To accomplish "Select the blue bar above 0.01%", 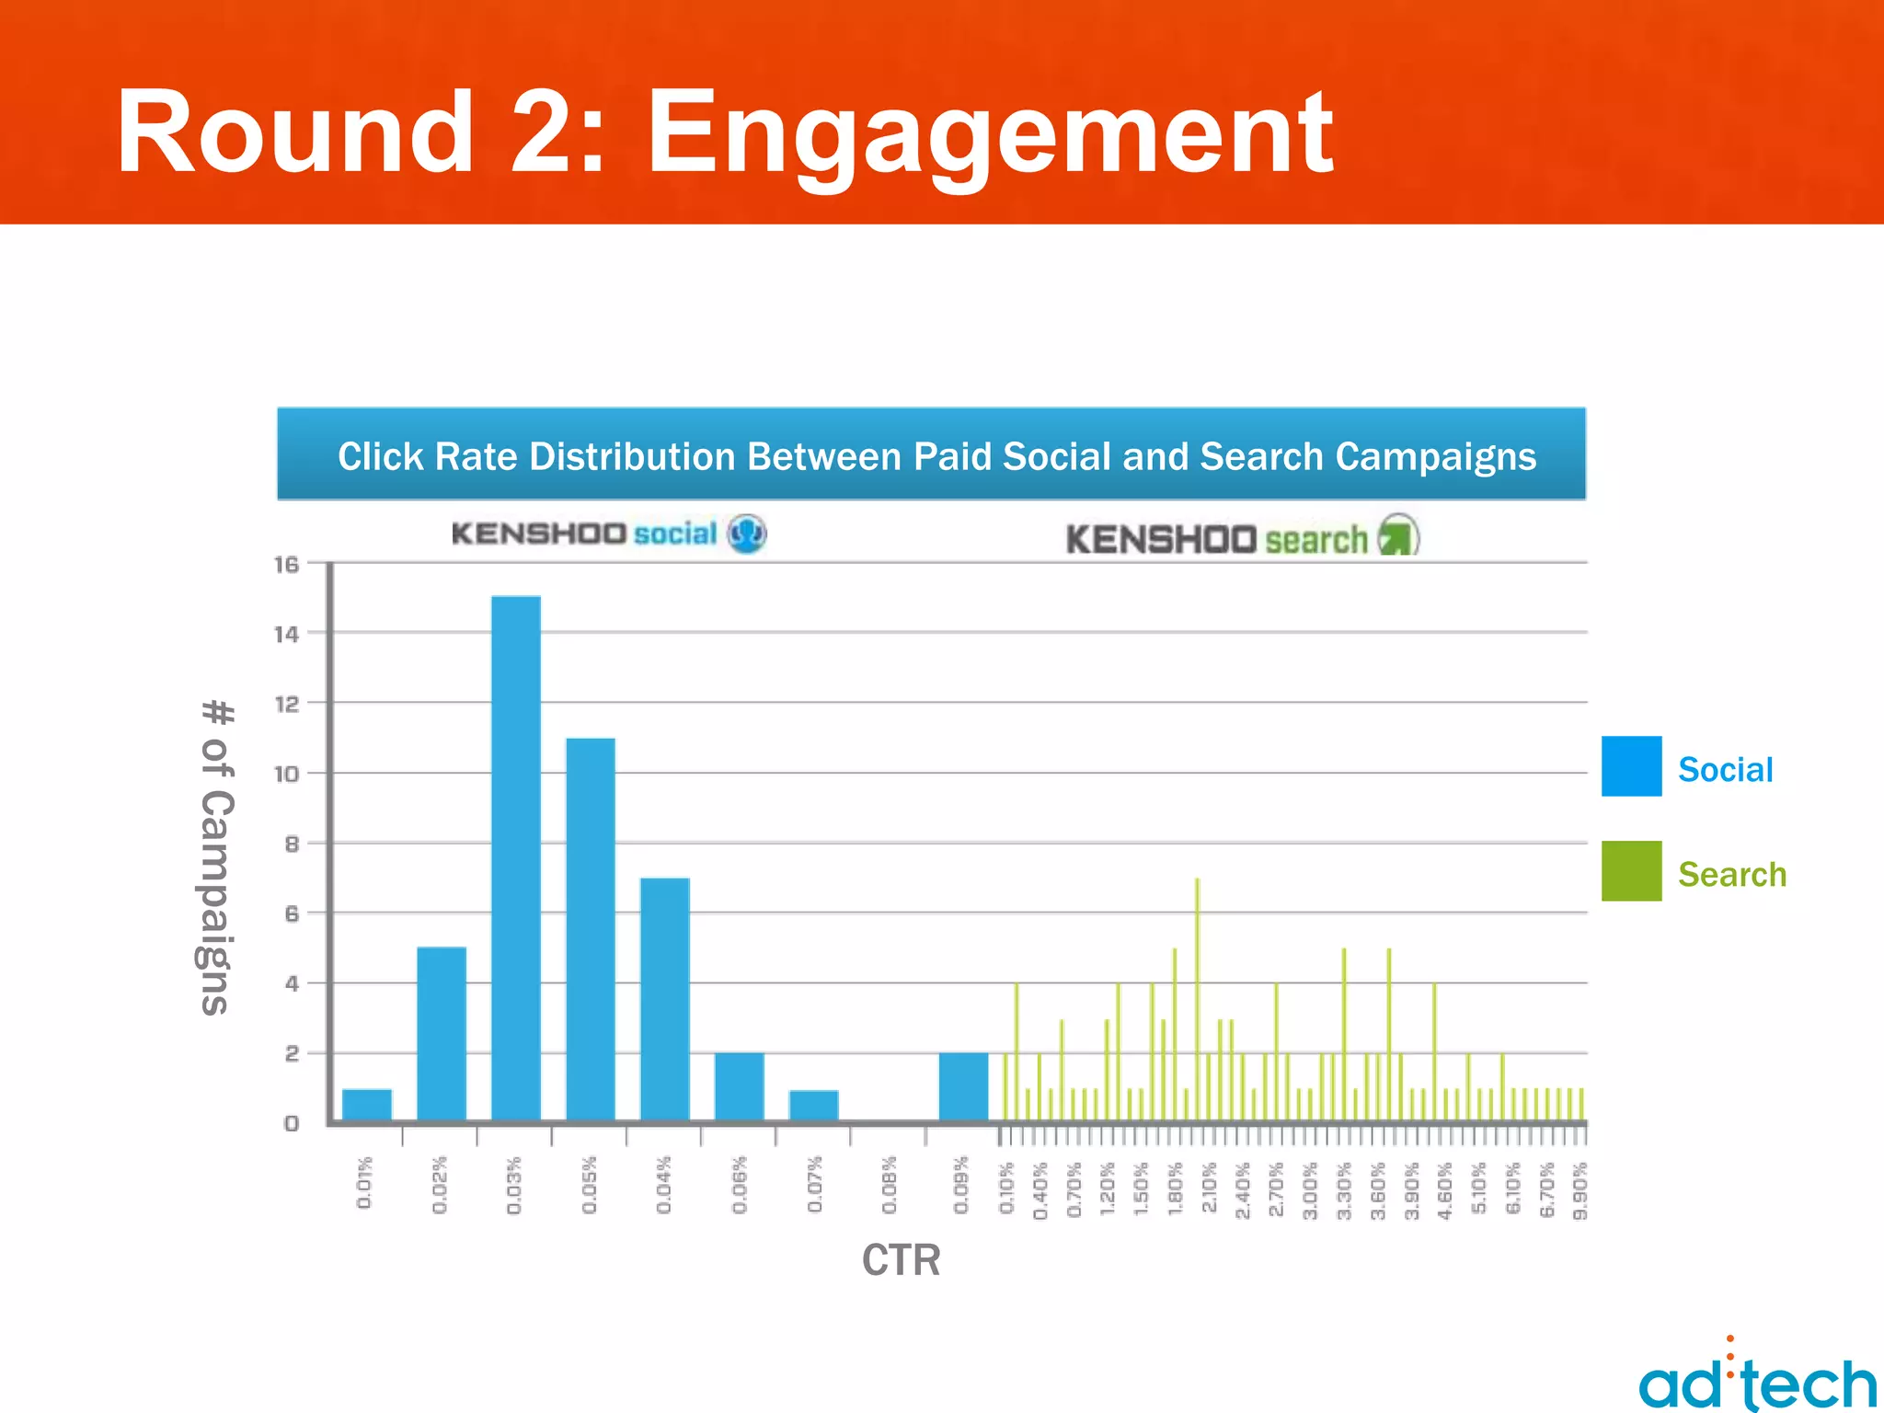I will pyautogui.click(x=367, y=1104).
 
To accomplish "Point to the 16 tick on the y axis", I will pyautogui.click(x=287, y=564).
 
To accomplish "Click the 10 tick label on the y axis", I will pyautogui.click(x=287, y=774).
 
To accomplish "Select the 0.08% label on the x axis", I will pyautogui.click(x=889, y=1186).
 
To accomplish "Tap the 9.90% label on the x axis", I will pyautogui.click(x=1580, y=1190).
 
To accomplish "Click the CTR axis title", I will pyautogui.click(x=901, y=1259).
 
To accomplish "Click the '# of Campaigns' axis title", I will pyautogui.click(x=217, y=856).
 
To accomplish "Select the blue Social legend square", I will pyautogui.click(x=1631, y=765).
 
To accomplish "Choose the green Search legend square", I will pyautogui.click(x=1631, y=870).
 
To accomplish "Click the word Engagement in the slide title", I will pyautogui.click(x=989, y=133).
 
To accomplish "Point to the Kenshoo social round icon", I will pyautogui.click(x=747, y=534).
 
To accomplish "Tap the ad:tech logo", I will pyautogui.click(x=1757, y=1380).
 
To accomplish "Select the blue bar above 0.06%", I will pyautogui.click(x=740, y=1086).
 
